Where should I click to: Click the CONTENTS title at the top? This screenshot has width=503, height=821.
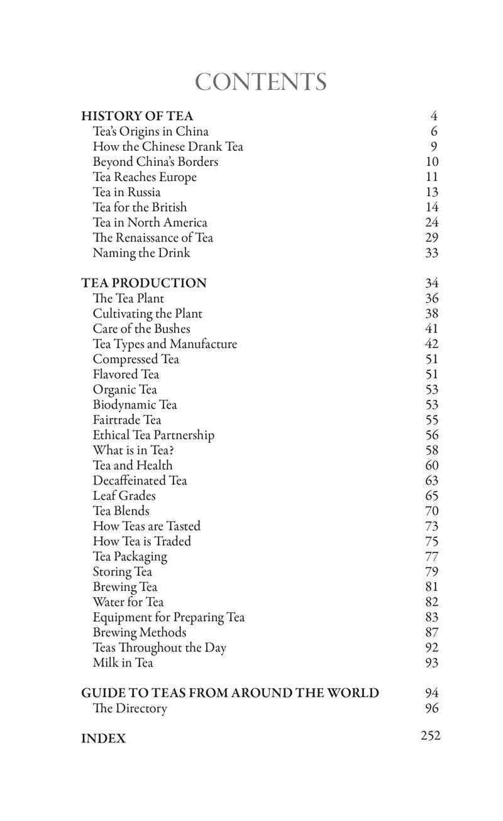pyautogui.click(x=260, y=82)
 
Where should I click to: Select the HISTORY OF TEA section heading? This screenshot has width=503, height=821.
pyautogui.click(x=137, y=116)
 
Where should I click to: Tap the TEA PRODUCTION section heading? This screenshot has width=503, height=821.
pyautogui.click(x=143, y=284)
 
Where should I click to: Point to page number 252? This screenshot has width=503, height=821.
pyautogui.click(x=431, y=736)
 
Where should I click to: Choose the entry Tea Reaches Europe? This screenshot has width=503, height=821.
pyautogui.click(x=145, y=177)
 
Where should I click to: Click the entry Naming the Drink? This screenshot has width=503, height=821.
pyautogui.click(x=141, y=253)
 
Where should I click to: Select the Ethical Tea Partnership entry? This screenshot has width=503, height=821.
pyautogui.click(x=153, y=435)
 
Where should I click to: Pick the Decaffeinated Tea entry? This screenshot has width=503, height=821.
pyautogui.click(x=140, y=481)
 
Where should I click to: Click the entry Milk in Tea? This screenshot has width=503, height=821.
pyautogui.click(x=123, y=663)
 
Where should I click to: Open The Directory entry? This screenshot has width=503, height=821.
pyautogui.click(x=130, y=708)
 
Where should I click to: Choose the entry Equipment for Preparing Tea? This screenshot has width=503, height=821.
pyautogui.click(x=169, y=617)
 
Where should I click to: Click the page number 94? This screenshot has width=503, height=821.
pyautogui.click(x=431, y=693)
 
